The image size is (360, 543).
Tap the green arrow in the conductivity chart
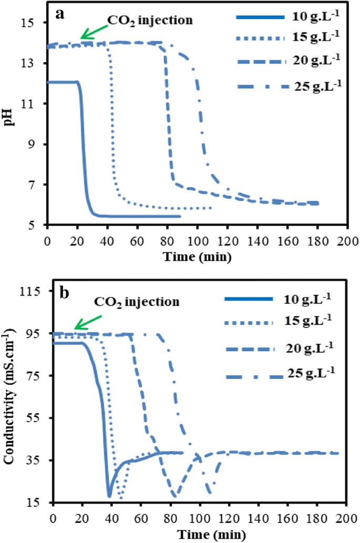[x=86, y=322]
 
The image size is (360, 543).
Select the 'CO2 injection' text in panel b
[x=137, y=302]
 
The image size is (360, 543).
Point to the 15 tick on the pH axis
[x=35, y=23]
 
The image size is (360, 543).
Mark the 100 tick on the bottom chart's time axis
[x=199, y=516]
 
